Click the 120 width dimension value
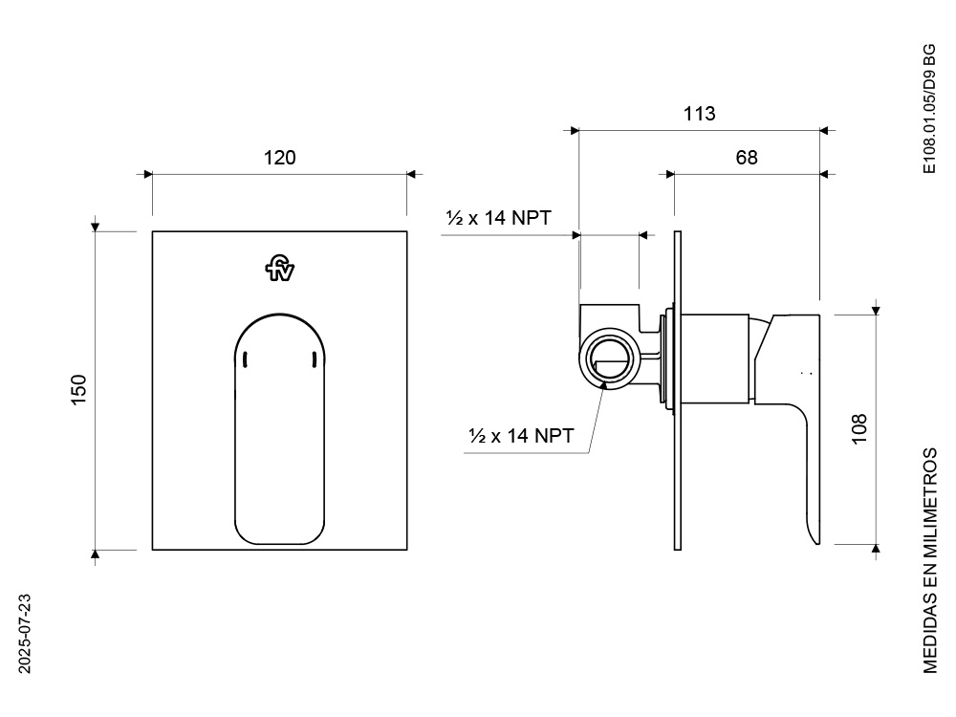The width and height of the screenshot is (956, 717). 280,158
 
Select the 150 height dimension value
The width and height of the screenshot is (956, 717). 79,390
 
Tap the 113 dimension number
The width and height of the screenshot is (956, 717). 700,114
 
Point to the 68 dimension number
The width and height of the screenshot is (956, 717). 747,158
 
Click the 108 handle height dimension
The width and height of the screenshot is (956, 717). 859,429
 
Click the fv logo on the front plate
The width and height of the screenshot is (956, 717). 280,269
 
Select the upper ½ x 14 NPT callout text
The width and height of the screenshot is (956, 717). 499,218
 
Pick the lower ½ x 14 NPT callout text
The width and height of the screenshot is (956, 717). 521,436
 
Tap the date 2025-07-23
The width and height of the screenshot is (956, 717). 25,634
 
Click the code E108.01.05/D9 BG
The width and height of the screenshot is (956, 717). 929,109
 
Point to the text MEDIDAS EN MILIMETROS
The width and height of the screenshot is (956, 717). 930,561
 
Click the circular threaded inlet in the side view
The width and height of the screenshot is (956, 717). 608,358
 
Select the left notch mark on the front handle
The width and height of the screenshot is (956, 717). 245,359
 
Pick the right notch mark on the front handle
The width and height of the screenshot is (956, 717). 314,359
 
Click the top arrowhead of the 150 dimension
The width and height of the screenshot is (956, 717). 95,228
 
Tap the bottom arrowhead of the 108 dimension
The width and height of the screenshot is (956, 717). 876,549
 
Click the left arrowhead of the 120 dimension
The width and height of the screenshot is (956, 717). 148,174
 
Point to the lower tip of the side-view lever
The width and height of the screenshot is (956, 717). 816,544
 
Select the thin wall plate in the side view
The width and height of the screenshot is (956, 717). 678,391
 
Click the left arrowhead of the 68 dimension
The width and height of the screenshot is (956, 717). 670,174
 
